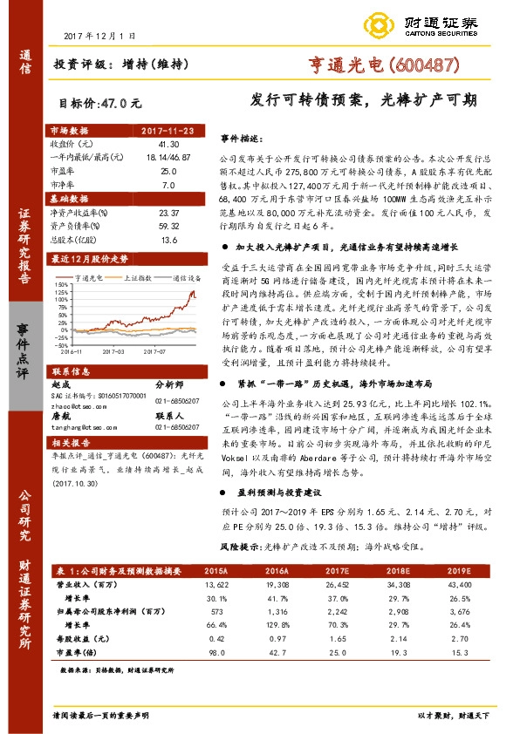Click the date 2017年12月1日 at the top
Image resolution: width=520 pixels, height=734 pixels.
coord(101,37)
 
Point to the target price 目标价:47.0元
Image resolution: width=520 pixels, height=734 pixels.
coord(99,102)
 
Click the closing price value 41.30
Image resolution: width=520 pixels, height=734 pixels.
coord(168,143)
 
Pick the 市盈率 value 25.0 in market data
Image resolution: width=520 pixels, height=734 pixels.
coord(168,172)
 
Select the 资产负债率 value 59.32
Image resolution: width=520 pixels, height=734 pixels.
coord(168,226)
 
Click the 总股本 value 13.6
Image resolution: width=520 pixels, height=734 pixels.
coord(168,240)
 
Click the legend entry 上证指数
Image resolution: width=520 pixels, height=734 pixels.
coord(131,278)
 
